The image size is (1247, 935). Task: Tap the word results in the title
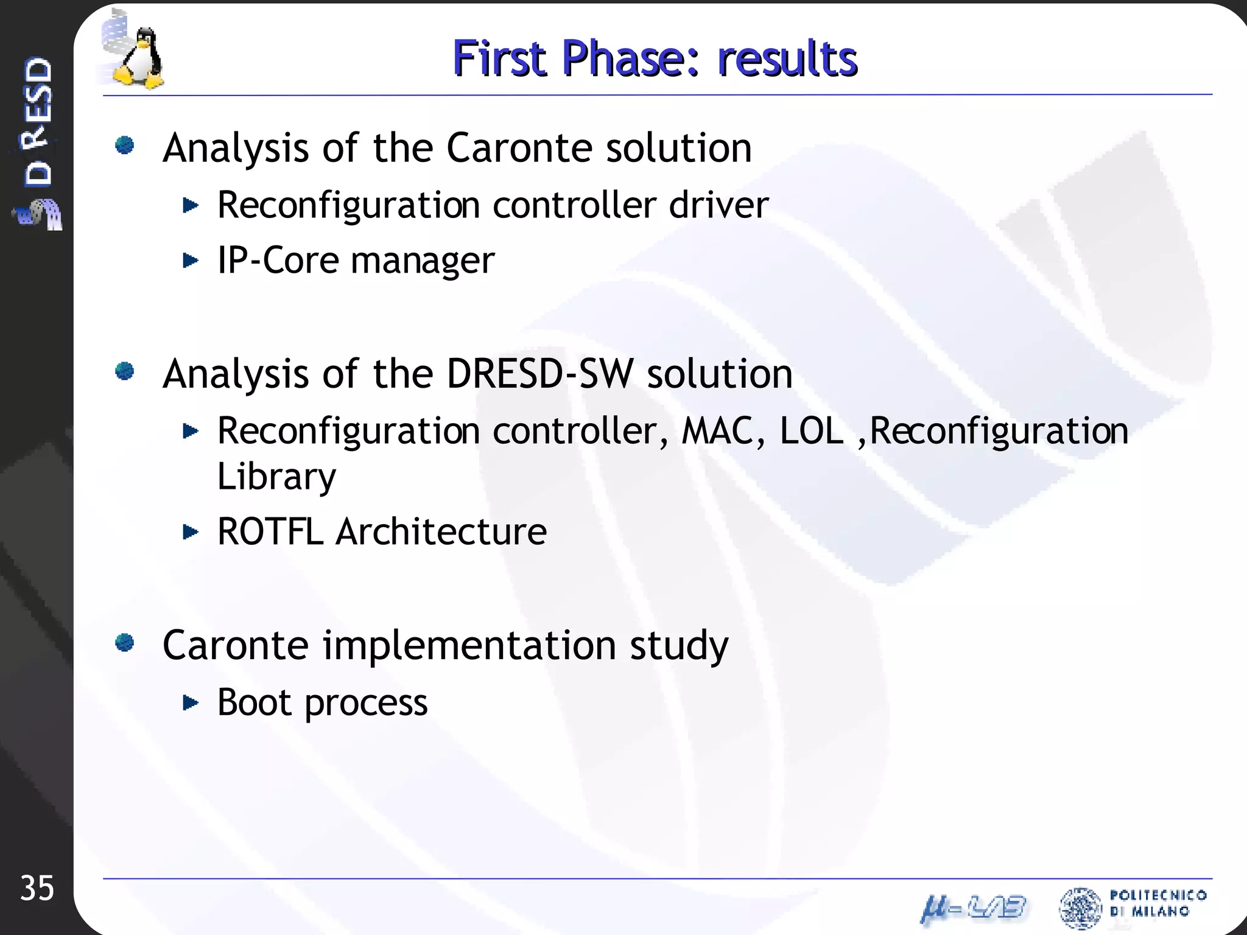pos(787,58)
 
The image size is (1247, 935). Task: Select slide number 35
pos(37,888)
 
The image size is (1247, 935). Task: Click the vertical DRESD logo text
pos(38,122)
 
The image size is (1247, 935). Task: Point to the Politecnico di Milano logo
pos(1133,906)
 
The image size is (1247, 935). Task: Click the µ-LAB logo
pos(973,909)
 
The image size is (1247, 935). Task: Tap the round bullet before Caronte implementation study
pos(125,643)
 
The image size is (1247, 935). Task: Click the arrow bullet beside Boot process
pos(191,703)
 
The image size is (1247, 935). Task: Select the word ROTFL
pos(270,531)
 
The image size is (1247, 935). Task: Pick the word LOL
pos(812,431)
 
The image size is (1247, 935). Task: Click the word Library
pos(276,477)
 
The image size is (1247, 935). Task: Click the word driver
pos(718,205)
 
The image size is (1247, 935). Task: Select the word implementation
pos(469,645)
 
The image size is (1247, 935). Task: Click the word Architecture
pos(441,531)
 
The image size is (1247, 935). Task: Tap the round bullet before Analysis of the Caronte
pos(125,145)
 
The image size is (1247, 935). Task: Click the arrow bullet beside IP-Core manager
pos(191,261)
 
